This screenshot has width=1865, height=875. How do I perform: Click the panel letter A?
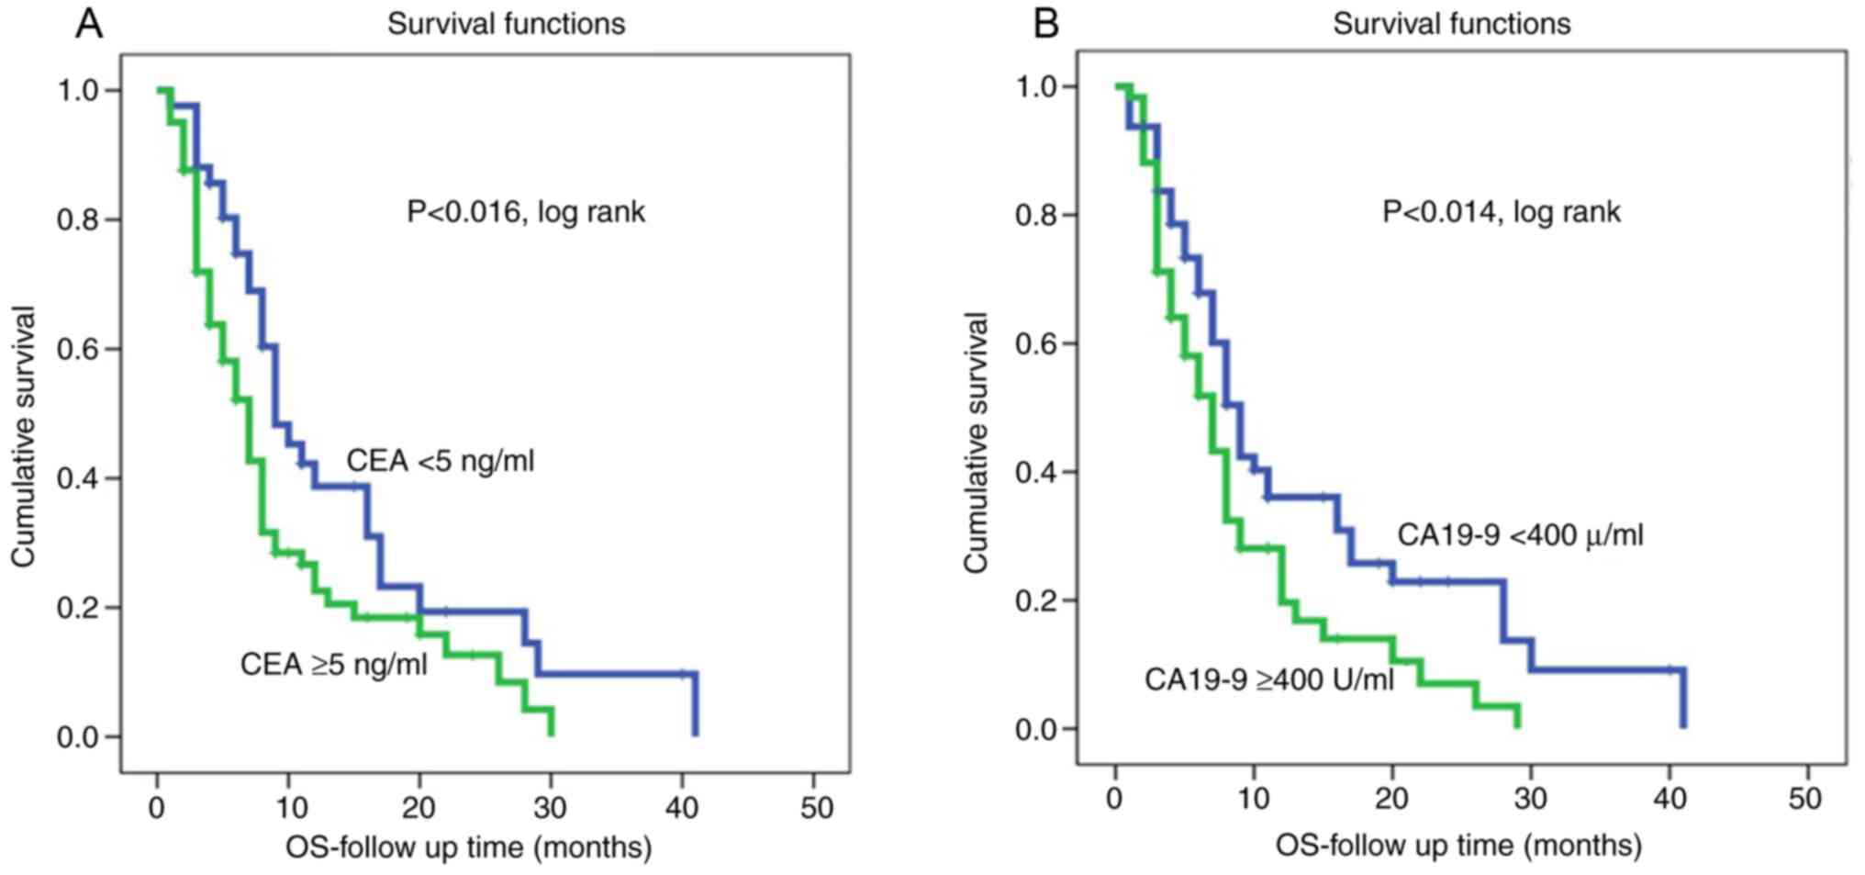coord(88,24)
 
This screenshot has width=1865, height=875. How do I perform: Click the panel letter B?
coord(1045,24)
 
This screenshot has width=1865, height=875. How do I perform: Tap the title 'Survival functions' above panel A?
coord(506,24)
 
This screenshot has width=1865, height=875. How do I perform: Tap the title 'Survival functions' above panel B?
coord(1451,24)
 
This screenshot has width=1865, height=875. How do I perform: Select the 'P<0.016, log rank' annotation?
coord(526,212)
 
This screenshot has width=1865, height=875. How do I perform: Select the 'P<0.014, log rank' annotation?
coord(1501,212)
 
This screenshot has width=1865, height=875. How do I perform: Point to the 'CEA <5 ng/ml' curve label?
coord(440,460)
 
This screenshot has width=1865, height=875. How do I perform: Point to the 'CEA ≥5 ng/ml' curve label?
coord(334,663)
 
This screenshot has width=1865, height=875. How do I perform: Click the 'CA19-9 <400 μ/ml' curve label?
coord(1520,534)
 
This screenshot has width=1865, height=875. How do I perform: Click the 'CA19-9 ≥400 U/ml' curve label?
coord(1268,679)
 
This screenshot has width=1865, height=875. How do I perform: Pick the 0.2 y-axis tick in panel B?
coord(1036,600)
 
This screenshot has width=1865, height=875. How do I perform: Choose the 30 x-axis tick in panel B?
coord(1531,799)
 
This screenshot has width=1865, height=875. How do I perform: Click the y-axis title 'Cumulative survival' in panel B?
coord(976,443)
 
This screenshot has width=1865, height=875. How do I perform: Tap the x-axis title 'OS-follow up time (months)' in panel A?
coord(468,847)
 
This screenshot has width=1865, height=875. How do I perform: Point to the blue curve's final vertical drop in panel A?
coord(696,705)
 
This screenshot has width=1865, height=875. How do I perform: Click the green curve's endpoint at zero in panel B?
coord(1517,725)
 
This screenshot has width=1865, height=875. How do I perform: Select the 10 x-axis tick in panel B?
coord(1254,799)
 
